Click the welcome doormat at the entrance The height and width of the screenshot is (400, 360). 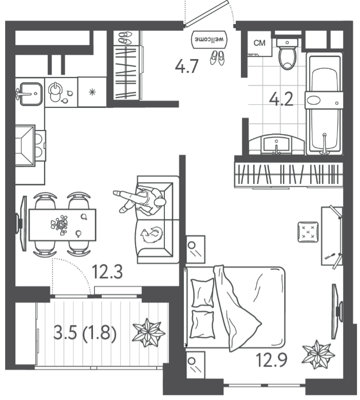click(209, 39)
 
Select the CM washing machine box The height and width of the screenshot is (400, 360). click(259, 43)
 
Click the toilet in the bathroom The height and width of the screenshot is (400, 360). click(287, 54)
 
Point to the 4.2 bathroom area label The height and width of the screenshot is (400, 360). click(281, 99)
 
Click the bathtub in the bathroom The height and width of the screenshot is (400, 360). click(324, 104)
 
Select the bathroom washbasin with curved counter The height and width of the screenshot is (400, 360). click(277, 145)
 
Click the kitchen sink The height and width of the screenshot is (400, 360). click(30, 93)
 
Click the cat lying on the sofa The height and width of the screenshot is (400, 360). click(151, 235)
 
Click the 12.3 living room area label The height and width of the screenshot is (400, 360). click(107, 272)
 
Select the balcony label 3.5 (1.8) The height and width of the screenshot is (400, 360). click(85, 332)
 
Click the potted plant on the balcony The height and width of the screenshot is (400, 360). click(148, 332)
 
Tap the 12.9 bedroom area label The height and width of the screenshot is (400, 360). click(272, 359)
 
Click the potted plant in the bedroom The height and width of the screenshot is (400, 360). click(318, 354)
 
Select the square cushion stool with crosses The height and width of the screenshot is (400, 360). click(308, 232)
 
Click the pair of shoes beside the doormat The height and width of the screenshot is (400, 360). click(217, 58)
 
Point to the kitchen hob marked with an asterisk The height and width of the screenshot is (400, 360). click(92, 92)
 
